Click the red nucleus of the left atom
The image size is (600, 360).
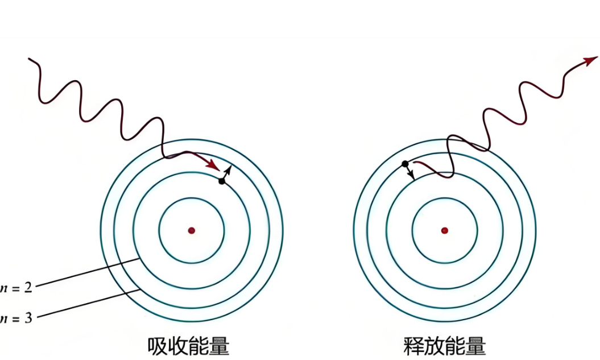[x=192, y=230]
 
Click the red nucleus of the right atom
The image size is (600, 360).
[x=444, y=230]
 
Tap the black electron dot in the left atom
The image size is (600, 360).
[x=221, y=181]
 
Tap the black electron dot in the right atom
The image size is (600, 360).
[x=405, y=164]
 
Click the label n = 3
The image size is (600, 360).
[x=17, y=317]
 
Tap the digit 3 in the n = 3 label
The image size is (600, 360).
[x=28, y=317]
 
